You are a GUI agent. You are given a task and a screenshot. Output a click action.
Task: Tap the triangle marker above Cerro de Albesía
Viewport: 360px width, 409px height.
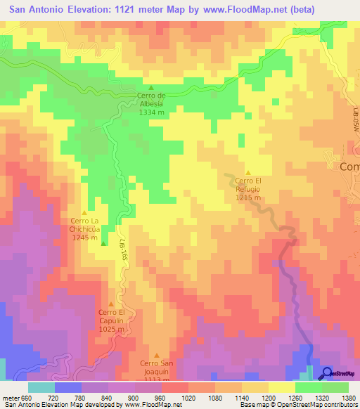click(150, 86)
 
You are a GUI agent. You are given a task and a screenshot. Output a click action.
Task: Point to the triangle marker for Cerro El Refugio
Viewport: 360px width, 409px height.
click(247, 172)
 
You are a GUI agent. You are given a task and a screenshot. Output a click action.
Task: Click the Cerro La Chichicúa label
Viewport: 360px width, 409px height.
click(85, 225)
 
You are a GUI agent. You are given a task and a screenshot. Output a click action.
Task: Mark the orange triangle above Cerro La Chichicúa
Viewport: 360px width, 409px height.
click(85, 212)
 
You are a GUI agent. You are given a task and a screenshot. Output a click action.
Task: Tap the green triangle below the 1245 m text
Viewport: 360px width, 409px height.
click(104, 245)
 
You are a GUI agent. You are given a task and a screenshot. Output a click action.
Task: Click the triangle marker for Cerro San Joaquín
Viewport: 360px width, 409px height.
click(156, 355)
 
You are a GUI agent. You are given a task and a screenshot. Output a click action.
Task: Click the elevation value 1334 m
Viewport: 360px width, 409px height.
click(151, 112)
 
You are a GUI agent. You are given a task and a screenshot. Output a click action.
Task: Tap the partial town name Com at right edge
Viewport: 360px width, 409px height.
click(349, 167)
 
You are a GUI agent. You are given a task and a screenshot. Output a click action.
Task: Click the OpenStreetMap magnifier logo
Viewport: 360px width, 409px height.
click(326, 372)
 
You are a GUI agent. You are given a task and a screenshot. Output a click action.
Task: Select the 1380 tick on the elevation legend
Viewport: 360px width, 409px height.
click(348, 398)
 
